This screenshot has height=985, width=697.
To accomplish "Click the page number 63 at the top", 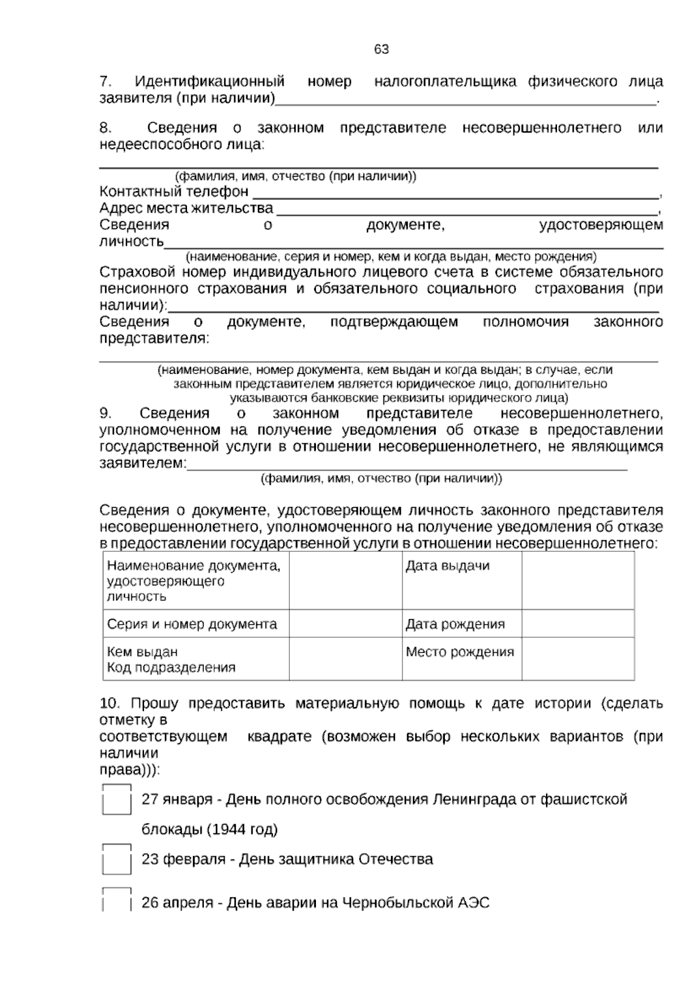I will click(x=381, y=49).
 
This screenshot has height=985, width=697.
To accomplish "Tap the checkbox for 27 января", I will click(x=116, y=800).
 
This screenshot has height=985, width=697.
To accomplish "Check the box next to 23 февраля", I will click(x=116, y=860).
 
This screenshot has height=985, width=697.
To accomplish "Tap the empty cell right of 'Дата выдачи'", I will click(x=577, y=580).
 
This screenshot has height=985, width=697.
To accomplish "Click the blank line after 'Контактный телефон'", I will click(x=456, y=193).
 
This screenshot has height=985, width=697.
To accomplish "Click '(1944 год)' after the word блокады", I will click(x=242, y=829).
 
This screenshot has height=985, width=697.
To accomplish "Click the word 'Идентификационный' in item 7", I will click(x=210, y=81).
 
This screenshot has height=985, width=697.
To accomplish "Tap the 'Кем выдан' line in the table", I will click(x=142, y=652).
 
